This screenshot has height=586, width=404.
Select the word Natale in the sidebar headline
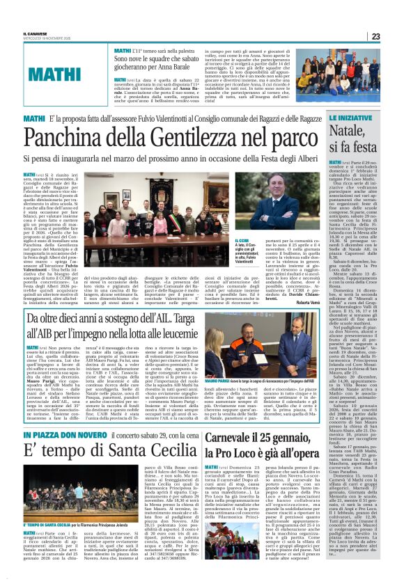pos(366,131)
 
